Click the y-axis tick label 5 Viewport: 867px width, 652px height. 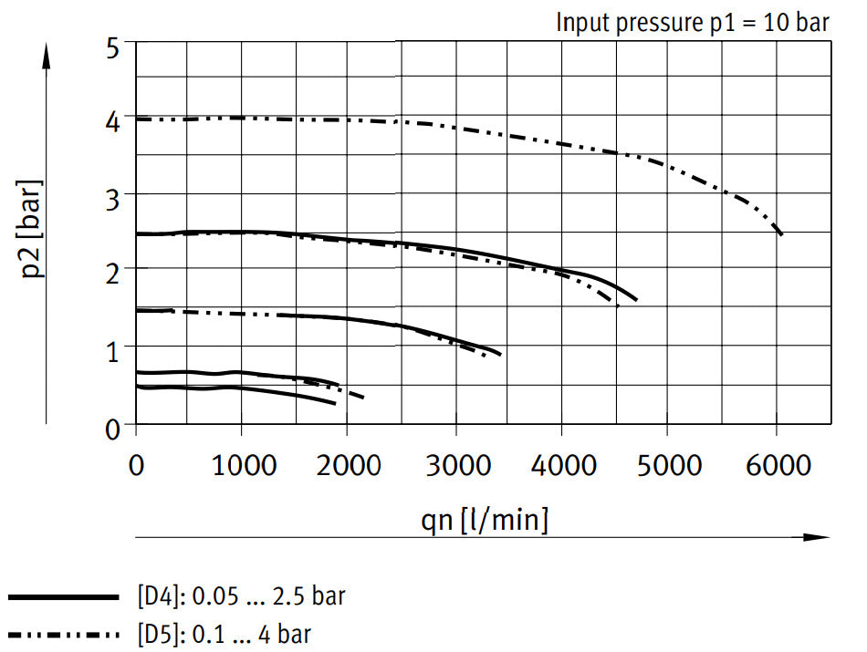tap(114, 47)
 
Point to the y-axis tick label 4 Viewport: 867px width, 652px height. tap(114, 120)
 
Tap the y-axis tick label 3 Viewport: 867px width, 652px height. tap(114, 195)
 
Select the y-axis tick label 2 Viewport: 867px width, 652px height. tap(114, 270)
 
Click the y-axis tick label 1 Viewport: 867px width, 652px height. tap(114, 347)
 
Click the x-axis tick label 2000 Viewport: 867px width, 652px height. tap(348, 465)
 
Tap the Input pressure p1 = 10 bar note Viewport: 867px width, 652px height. tap(693, 22)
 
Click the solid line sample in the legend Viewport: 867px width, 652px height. tap(64, 597)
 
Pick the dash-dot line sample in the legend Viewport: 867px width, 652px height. tap(64, 633)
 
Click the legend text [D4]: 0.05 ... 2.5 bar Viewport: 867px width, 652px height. tap(241, 597)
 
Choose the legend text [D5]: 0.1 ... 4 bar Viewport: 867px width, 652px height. tap(224, 633)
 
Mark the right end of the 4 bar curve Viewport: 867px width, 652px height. tap(780, 233)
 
